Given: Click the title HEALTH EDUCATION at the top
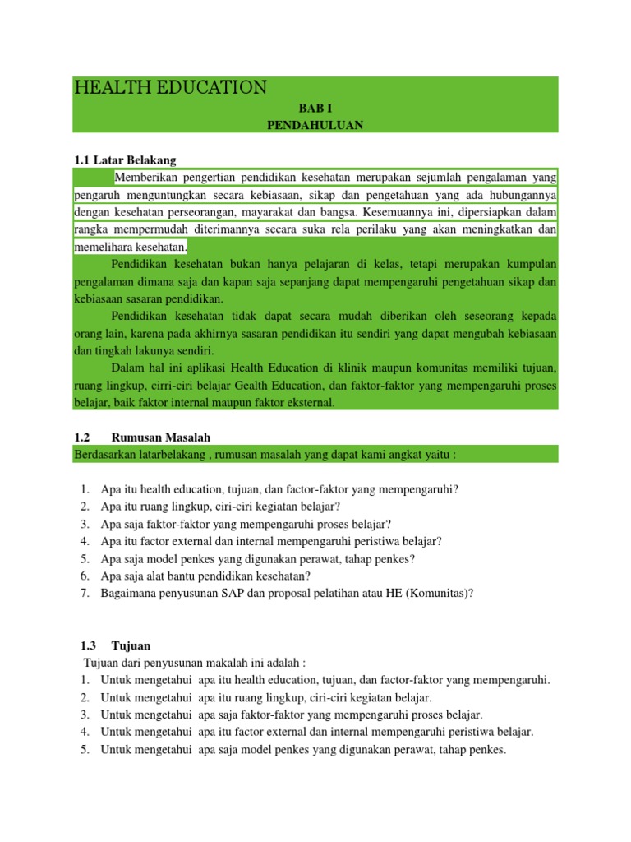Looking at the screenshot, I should (x=170, y=88).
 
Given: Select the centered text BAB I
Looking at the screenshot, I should (x=315, y=108).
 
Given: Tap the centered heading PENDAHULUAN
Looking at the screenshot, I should (x=315, y=125).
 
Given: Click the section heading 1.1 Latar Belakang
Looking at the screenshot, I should (x=125, y=160).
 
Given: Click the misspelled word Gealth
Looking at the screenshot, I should (x=289, y=386).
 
